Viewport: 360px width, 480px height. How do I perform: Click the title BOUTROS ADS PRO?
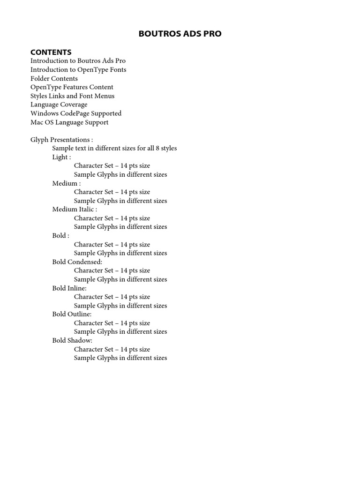[x=180, y=34]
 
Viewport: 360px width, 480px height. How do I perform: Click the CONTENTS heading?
[x=51, y=52]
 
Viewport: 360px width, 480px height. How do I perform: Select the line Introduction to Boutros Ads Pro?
[x=78, y=61]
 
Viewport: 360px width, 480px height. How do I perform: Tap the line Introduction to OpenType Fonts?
[x=78, y=70]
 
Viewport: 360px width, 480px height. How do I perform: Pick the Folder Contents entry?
[x=54, y=78]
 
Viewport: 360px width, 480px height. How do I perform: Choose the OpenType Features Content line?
[x=72, y=87]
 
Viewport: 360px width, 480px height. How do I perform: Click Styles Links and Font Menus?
[x=72, y=96]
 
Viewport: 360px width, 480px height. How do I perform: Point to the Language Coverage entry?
[x=59, y=105]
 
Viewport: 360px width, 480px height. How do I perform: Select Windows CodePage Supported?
[x=76, y=113]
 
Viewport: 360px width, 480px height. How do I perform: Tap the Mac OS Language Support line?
[x=69, y=122]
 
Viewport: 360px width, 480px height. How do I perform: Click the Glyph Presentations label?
[x=61, y=140]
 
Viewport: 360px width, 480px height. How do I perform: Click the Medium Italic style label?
[x=75, y=210]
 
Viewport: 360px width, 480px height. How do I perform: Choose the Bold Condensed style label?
[x=77, y=262]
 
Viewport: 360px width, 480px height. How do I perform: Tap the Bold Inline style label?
[x=69, y=288]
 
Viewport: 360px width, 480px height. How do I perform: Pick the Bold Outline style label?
[x=72, y=315]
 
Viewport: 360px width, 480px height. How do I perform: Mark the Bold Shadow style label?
[x=72, y=341]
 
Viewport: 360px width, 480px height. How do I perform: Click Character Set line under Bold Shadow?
[x=112, y=349]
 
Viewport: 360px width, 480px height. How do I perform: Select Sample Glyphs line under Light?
[x=120, y=175]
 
